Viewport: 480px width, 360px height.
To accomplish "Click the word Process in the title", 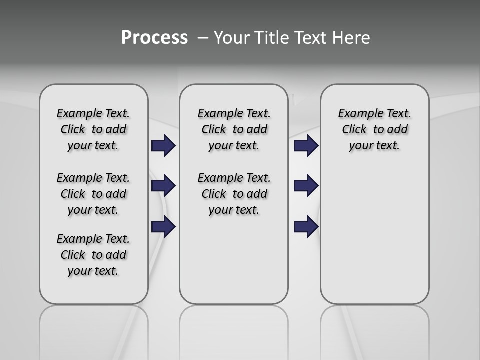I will pyautogui.click(x=154, y=38).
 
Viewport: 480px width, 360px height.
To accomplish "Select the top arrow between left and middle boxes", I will pyautogui.click(x=163, y=145).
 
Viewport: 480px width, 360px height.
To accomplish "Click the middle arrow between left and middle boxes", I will pyautogui.click(x=163, y=186).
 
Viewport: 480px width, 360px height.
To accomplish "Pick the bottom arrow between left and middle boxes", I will pyautogui.click(x=163, y=227).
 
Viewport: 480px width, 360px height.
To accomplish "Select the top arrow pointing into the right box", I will pyautogui.click(x=306, y=145).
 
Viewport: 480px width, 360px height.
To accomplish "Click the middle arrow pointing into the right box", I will pyautogui.click(x=306, y=186).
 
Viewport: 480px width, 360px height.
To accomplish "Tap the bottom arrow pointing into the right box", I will pyautogui.click(x=306, y=227).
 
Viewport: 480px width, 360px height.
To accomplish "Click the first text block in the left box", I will pyautogui.click(x=93, y=129).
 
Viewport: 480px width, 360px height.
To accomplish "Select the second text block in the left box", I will pyautogui.click(x=93, y=194).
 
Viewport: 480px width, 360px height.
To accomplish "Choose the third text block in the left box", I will pyautogui.click(x=93, y=255).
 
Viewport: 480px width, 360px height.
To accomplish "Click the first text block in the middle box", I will pyautogui.click(x=234, y=129).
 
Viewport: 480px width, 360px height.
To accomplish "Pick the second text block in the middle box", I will pyautogui.click(x=234, y=194).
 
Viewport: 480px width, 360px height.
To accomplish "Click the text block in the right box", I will pyautogui.click(x=375, y=129).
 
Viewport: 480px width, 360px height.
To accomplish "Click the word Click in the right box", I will pyautogui.click(x=354, y=130).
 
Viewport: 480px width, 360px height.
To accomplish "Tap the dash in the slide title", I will pyautogui.click(x=203, y=38).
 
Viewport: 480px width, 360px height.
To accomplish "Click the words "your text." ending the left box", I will pyautogui.click(x=93, y=271).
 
